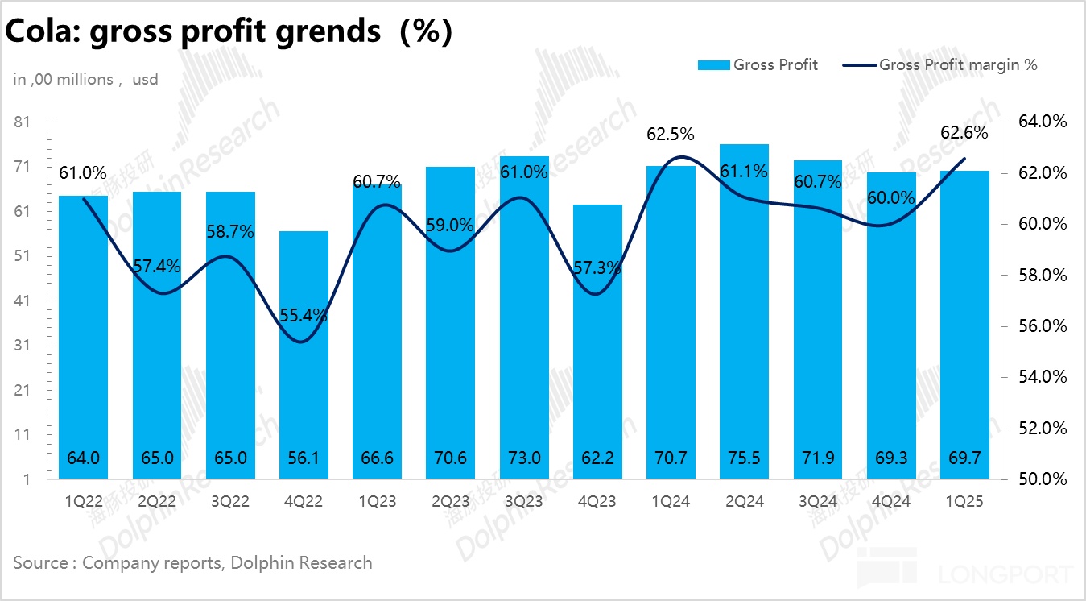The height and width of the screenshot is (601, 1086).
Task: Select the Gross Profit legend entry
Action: (x=758, y=65)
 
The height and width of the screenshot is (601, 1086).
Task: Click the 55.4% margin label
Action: (x=303, y=315)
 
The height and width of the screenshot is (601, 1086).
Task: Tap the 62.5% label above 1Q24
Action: (x=670, y=134)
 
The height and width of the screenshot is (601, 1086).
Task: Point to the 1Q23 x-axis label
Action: (x=376, y=501)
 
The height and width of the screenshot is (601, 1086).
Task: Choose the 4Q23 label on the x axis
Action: (x=597, y=501)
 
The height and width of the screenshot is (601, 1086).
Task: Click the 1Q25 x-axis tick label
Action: (x=964, y=501)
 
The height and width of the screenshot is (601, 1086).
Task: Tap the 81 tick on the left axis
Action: (x=23, y=122)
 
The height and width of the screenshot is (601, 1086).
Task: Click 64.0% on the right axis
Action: (x=1043, y=122)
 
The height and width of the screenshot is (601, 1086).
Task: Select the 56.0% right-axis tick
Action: (x=1043, y=326)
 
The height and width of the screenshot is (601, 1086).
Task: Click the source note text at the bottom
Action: (x=193, y=562)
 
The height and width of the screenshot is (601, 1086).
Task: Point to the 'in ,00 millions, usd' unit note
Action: (x=85, y=79)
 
